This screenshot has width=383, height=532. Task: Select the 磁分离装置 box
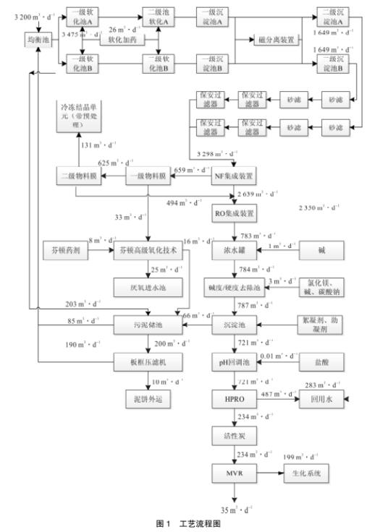[x=276, y=40]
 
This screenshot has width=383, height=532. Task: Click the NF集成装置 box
[x=232, y=176]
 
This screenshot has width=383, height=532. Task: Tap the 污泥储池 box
[x=149, y=327]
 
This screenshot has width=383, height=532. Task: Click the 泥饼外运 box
[x=149, y=398]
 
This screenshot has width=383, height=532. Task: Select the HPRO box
[x=232, y=399]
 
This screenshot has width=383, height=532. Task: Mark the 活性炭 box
[x=232, y=437]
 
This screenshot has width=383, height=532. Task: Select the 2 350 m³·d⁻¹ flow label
[x=319, y=208]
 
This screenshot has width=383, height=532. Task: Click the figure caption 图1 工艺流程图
[x=190, y=525]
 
